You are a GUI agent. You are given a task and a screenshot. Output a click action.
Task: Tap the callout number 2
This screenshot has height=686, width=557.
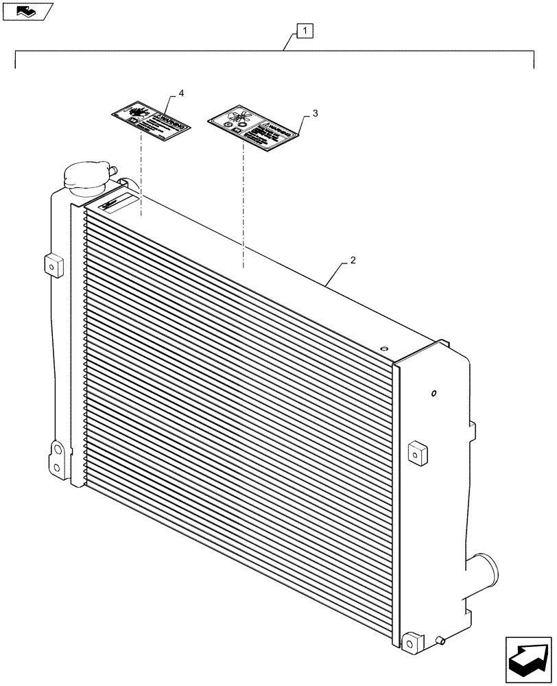352,261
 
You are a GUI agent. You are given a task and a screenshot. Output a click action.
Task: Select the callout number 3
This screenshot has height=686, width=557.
314,114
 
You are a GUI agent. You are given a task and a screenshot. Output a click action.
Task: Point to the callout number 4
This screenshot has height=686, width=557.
181,93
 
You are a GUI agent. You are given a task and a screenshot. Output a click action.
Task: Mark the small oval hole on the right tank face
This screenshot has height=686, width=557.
434,394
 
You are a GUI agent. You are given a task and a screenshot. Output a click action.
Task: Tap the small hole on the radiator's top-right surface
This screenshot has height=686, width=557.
385,348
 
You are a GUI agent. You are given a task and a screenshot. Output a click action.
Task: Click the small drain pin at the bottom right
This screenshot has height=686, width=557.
441,642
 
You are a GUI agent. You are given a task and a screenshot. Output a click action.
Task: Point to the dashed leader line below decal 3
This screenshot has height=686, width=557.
244,206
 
